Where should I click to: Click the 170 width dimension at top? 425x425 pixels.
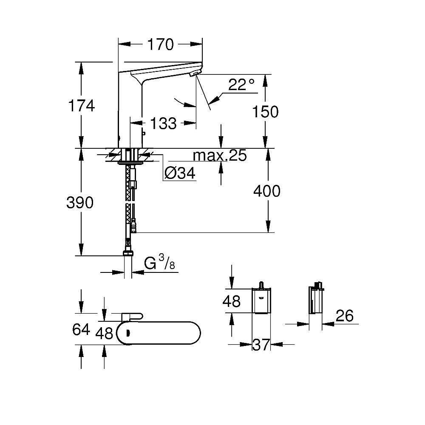pos(161,44)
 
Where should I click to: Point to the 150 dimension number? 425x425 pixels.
pos(265,112)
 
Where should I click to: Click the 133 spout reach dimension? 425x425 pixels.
pos(164,124)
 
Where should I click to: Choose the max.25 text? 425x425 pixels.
pos(220,156)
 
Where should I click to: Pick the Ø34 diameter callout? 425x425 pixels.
pos(180,173)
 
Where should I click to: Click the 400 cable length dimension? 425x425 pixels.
pos(266,191)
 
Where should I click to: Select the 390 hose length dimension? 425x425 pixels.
pos(80,203)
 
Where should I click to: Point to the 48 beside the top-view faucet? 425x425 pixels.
pos(104,334)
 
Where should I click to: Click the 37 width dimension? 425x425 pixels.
pos(261,345)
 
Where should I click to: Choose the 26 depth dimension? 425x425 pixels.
pos(344,316)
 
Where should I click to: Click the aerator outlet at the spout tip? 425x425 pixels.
pos(195,74)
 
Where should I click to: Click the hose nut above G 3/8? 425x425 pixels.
pos(127,253)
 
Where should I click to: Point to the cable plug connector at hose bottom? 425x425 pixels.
pos(134,227)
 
